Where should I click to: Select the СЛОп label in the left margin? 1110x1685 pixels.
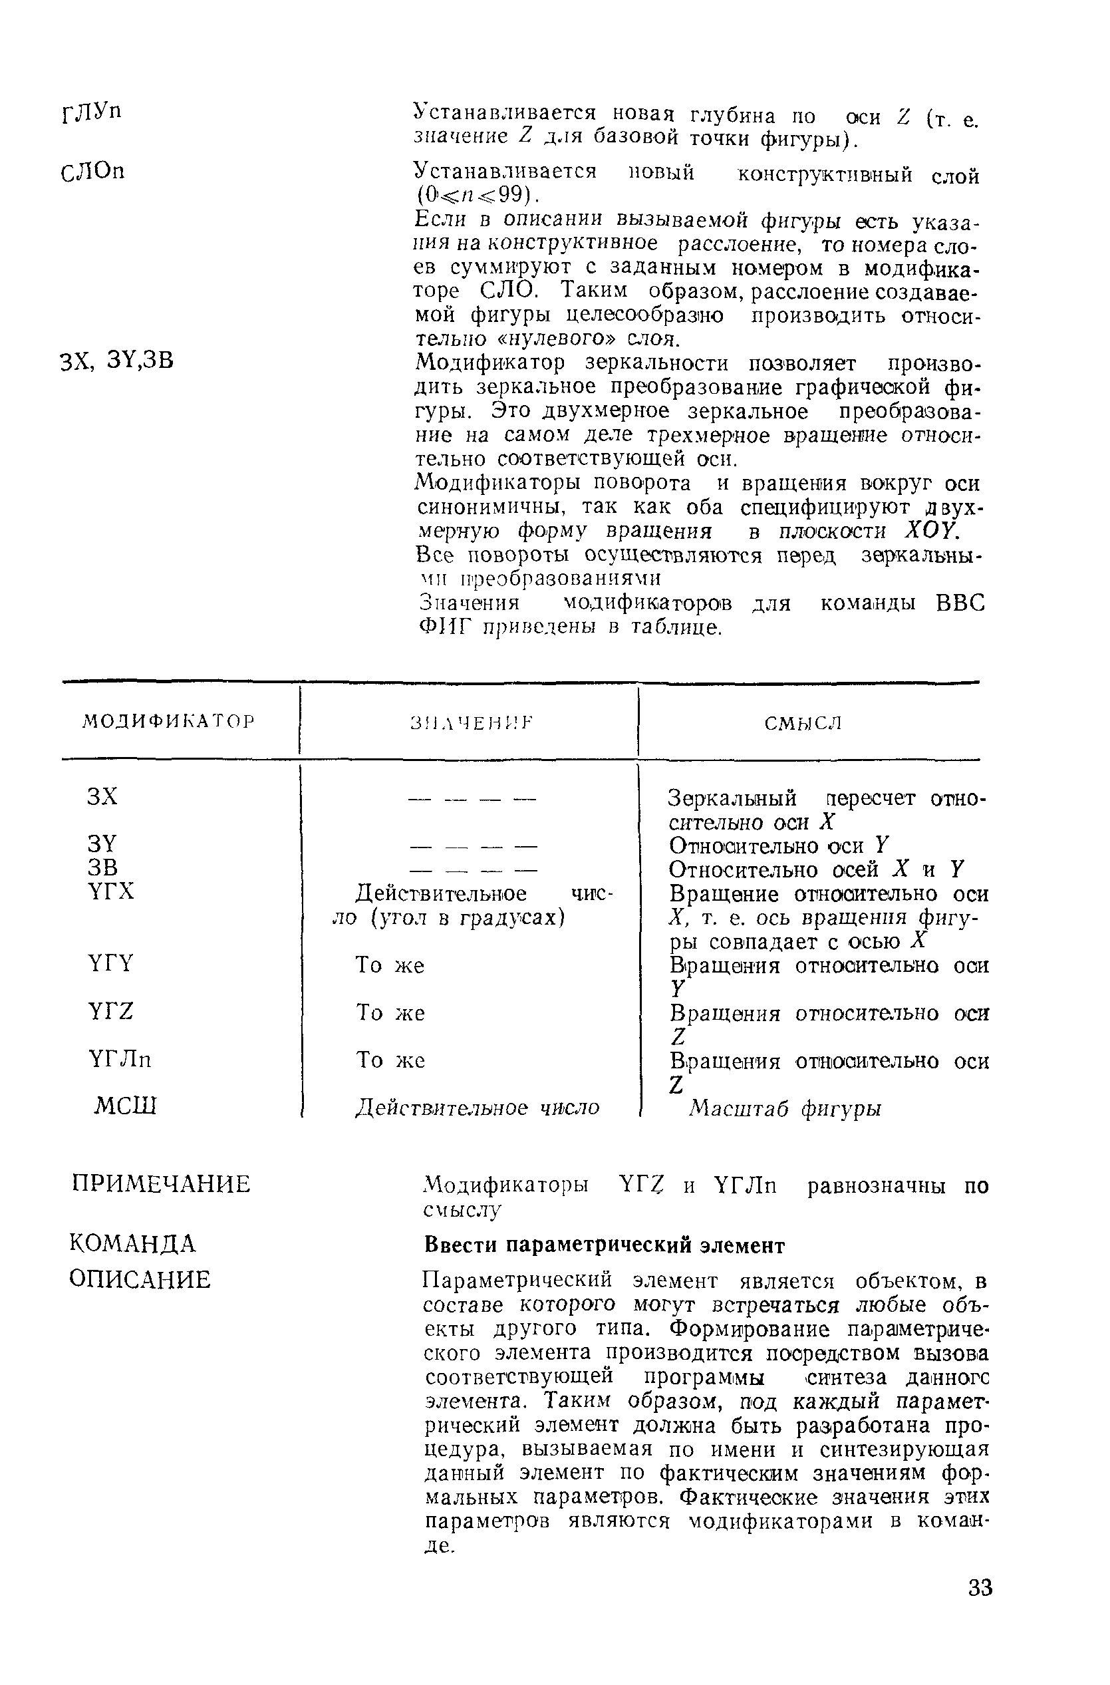[92, 172]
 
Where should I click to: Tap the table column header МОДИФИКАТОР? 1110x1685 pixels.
[168, 722]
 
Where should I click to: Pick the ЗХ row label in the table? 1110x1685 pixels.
[102, 796]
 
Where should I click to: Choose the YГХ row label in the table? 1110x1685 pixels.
[111, 891]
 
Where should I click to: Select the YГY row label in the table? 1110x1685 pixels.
[111, 963]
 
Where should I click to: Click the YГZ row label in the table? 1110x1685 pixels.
[111, 1011]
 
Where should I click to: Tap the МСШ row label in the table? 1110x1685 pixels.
[125, 1106]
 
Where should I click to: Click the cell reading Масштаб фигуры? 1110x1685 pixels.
[785, 1108]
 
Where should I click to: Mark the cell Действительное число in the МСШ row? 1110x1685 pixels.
[477, 1108]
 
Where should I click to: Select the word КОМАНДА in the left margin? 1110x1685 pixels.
[132, 1243]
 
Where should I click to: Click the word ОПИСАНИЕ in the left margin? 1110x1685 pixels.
[140, 1279]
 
